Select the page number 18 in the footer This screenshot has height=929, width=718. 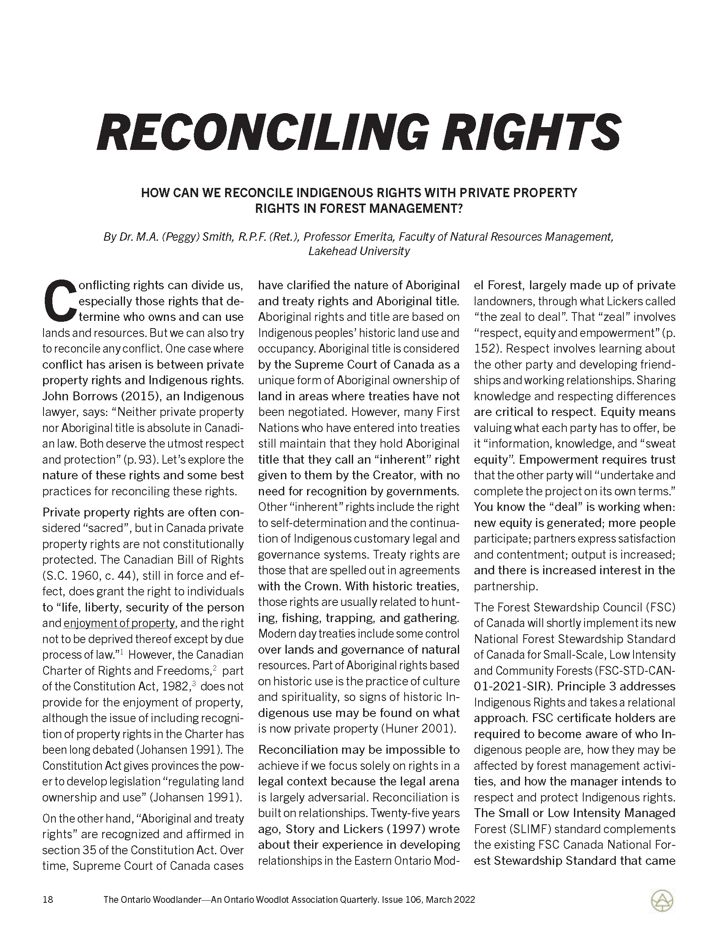[48, 899]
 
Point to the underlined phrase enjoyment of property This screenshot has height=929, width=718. [119, 623]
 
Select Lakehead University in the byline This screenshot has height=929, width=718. [359, 251]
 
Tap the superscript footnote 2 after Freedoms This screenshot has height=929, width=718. [215, 668]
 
